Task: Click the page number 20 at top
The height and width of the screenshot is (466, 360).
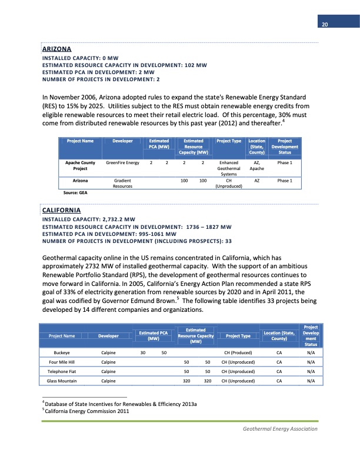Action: [x=324, y=24]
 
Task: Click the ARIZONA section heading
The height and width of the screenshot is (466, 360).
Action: [x=56, y=48]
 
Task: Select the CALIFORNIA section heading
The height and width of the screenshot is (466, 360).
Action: [x=61, y=210]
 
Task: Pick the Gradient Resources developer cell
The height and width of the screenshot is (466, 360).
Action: [x=122, y=184]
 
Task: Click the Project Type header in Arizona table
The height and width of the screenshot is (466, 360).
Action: [x=229, y=141]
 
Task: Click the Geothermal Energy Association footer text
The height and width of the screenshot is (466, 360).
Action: [x=280, y=428]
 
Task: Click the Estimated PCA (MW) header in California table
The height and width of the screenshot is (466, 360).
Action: [x=154, y=336]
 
